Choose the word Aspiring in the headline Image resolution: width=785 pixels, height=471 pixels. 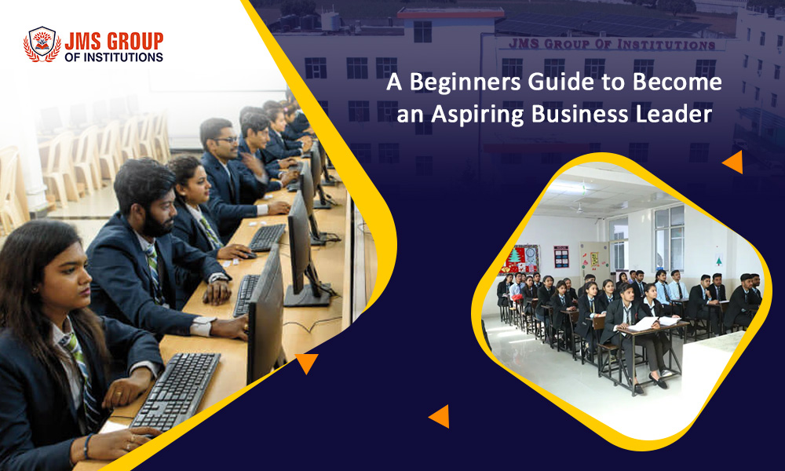pyautogui.click(x=477, y=114)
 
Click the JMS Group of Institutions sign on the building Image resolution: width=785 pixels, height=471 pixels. pyautogui.click(x=612, y=45)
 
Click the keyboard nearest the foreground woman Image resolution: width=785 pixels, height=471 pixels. pyautogui.click(x=176, y=391)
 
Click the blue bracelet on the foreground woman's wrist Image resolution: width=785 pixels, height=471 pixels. pyautogui.click(x=88, y=446)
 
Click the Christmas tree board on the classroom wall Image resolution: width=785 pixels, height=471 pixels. pyautogui.click(x=520, y=259)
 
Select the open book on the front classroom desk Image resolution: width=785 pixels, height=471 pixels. pyautogui.click(x=650, y=323)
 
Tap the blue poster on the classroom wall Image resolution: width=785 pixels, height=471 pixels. pyautogui.click(x=561, y=257)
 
